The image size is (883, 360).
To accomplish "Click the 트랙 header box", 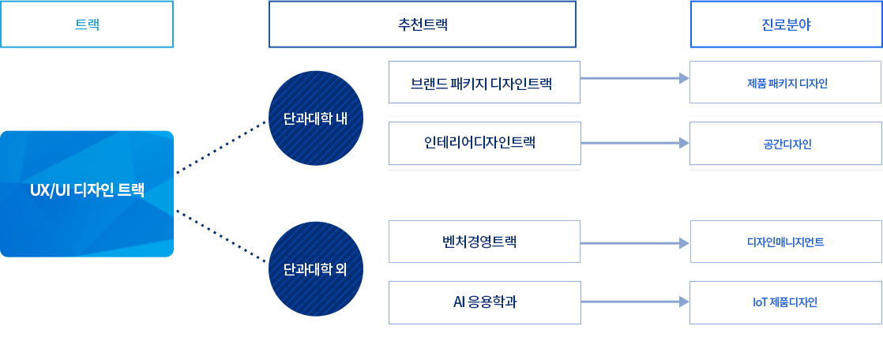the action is pyautogui.click(x=87, y=24).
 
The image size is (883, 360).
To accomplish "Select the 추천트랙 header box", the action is pyautogui.click(x=423, y=24).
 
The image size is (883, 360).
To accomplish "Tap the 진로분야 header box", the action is pyautogui.click(x=786, y=24).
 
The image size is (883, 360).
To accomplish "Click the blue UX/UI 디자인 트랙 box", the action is pyautogui.click(x=87, y=194).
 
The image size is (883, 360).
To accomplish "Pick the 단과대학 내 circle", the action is pyautogui.click(x=316, y=118).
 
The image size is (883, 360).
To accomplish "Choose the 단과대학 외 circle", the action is pyautogui.click(x=316, y=269).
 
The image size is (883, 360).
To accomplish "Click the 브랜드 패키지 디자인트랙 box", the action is pyautogui.click(x=484, y=82).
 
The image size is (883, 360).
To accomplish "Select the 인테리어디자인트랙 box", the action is pyautogui.click(x=484, y=144).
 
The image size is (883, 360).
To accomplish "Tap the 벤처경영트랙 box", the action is pyautogui.click(x=484, y=242).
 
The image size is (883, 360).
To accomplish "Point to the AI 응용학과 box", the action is pyautogui.click(x=484, y=302).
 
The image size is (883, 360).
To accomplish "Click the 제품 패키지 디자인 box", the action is pyautogui.click(x=786, y=82).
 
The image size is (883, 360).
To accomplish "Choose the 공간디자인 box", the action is pyautogui.click(x=786, y=144).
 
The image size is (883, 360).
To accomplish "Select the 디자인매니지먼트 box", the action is pyautogui.click(x=786, y=242).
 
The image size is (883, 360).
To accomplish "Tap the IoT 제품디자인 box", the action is pyautogui.click(x=786, y=302).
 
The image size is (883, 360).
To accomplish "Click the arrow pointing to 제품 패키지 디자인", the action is pyautogui.click(x=635, y=78).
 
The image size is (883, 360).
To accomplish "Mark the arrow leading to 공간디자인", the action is pyautogui.click(x=635, y=143).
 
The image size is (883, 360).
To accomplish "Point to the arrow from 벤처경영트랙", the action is pyautogui.click(x=635, y=243).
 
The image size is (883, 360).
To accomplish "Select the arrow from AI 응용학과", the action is pyautogui.click(x=635, y=302).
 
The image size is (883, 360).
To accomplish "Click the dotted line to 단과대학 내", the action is pyautogui.click(x=221, y=148).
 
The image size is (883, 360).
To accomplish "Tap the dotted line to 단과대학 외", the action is pyautogui.click(x=221, y=236).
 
